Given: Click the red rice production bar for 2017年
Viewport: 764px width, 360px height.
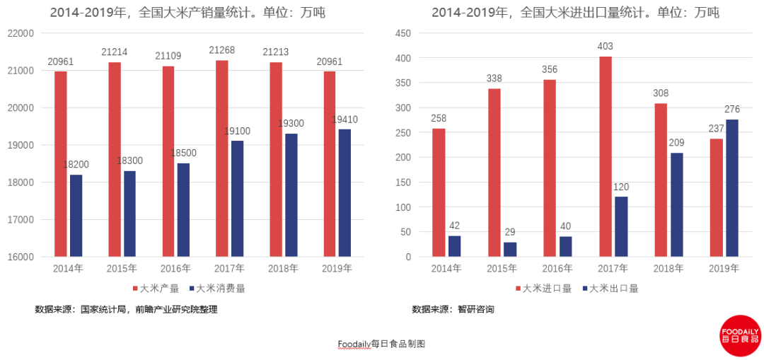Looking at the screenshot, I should (x=221, y=158).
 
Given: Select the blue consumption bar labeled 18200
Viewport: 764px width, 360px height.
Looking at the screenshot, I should (x=76, y=216).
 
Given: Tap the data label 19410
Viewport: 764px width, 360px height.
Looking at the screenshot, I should (x=345, y=120).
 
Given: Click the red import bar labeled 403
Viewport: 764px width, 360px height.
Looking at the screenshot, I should (x=606, y=156).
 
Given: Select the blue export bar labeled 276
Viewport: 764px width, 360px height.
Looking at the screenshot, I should (x=731, y=188).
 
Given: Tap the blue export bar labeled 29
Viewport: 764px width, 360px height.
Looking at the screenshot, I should (x=510, y=249).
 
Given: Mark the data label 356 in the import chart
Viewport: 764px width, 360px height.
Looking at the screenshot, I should (x=549, y=69).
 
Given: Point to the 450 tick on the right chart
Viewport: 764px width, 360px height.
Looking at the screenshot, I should (x=403, y=33).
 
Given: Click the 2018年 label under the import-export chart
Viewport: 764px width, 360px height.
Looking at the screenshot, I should (x=669, y=269).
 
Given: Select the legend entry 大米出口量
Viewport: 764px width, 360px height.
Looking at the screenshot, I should (x=609, y=289).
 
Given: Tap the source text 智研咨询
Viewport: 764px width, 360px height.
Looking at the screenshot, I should (x=475, y=309).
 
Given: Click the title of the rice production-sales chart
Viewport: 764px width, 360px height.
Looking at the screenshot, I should (x=187, y=12).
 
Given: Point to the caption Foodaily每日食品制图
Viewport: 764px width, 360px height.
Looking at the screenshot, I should (x=381, y=344).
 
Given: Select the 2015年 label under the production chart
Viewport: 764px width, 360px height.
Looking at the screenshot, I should (x=122, y=269).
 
